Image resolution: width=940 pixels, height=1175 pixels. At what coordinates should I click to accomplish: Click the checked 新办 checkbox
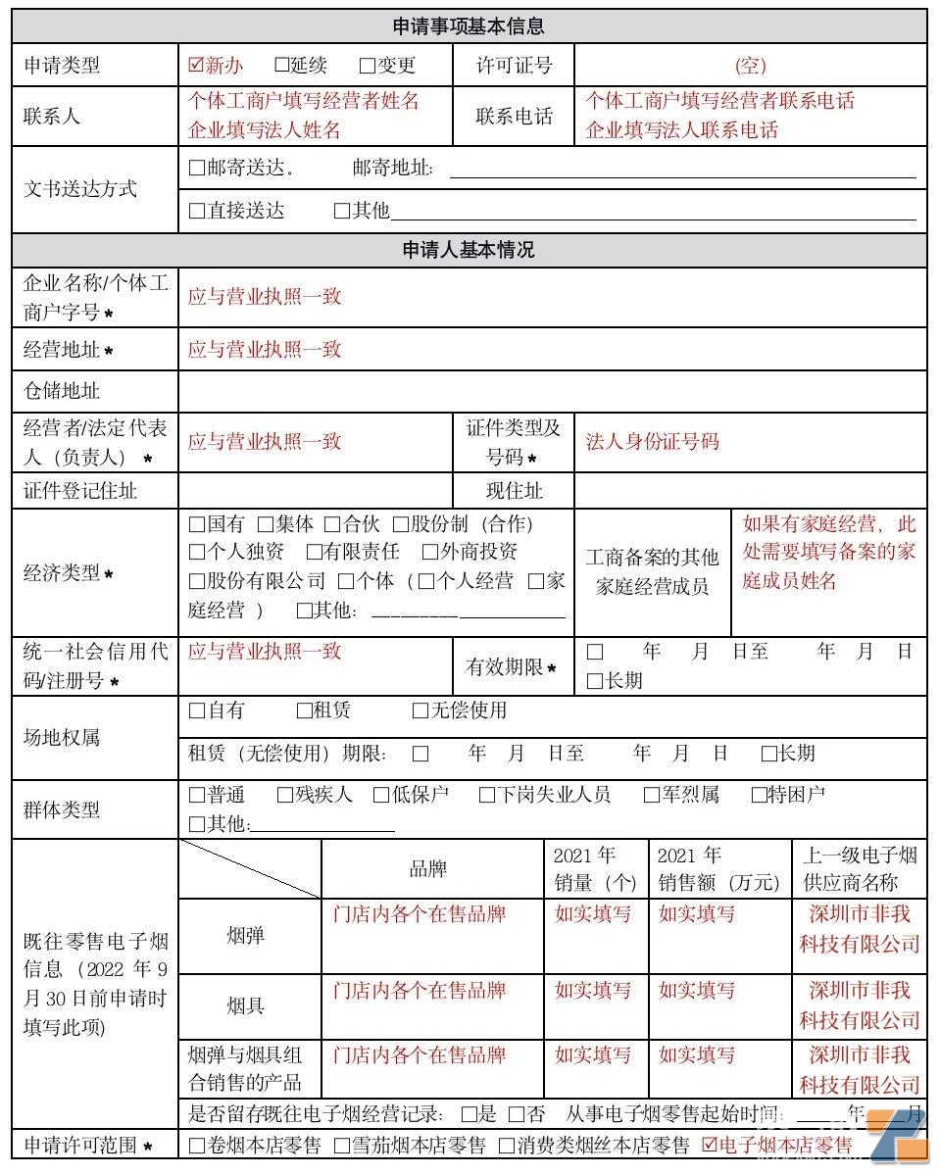point(196,66)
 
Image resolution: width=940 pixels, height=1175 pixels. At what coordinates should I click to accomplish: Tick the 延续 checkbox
point(282,66)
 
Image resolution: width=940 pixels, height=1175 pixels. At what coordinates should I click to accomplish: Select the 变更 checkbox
point(368,66)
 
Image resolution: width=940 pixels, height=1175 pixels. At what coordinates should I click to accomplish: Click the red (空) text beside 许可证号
point(750,66)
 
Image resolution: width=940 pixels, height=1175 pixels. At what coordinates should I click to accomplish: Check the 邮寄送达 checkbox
point(197,168)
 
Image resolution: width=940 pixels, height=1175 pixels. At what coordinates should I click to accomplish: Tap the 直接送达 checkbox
point(197,211)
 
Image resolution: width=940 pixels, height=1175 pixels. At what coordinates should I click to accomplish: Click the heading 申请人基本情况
point(469,250)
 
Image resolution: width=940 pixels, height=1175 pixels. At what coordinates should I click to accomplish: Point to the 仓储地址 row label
point(62,391)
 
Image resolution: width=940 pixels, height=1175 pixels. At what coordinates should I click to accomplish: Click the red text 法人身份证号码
point(652,441)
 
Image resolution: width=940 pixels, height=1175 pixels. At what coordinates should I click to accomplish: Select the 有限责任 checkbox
point(315,553)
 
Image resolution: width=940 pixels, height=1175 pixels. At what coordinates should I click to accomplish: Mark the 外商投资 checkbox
point(430,553)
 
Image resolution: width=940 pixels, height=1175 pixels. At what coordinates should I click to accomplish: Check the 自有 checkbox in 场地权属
point(197,710)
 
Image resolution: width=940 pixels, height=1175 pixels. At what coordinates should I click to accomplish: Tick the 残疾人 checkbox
point(285,795)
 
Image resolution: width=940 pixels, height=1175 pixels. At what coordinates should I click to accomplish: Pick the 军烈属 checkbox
point(652,795)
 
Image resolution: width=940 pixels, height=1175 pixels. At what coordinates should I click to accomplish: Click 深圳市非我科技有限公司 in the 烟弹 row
point(860,929)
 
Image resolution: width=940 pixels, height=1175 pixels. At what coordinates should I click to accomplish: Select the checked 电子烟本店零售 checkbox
point(711,1145)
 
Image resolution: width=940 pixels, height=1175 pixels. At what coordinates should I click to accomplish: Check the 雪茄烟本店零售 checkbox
point(342,1145)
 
